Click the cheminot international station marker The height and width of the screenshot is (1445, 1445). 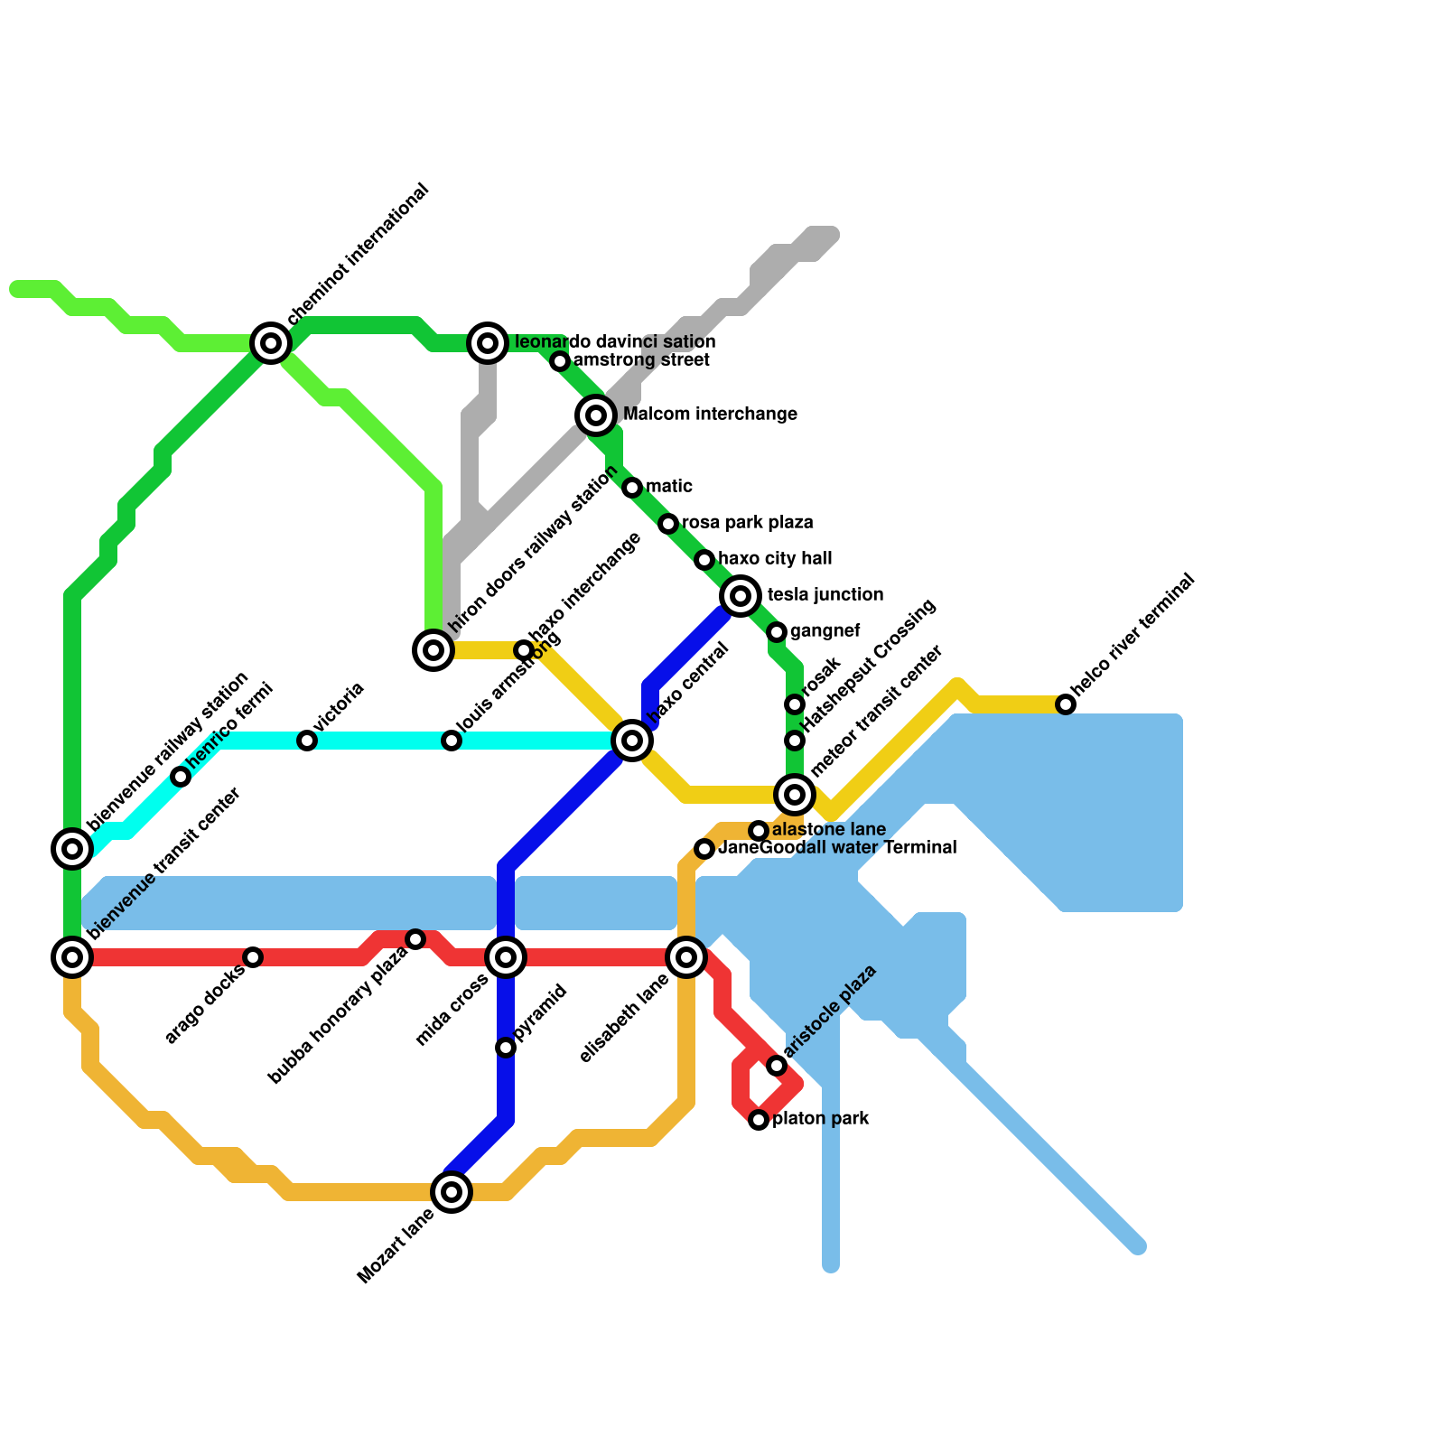click(x=271, y=343)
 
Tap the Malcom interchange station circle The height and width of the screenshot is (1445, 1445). click(x=596, y=415)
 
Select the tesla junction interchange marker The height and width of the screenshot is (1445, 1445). click(x=741, y=596)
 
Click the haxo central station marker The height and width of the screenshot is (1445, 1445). click(x=632, y=741)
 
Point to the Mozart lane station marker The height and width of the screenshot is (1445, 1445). click(x=452, y=1192)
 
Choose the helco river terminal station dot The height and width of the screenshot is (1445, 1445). click(x=1066, y=704)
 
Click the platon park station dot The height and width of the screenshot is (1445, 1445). click(x=759, y=1120)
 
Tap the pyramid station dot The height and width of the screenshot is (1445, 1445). click(x=506, y=1048)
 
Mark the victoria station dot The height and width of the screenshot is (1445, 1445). click(x=307, y=741)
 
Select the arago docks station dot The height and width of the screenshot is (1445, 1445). click(x=253, y=957)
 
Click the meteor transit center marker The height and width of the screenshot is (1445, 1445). click(x=795, y=795)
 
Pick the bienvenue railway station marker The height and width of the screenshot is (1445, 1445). click(x=72, y=849)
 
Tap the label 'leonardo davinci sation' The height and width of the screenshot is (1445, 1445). click(x=614, y=342)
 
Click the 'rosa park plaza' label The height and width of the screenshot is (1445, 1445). click(x=747, y=523)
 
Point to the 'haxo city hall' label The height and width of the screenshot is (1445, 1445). click(x=775, y=559)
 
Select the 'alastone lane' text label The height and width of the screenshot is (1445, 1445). click(x=829, y=830)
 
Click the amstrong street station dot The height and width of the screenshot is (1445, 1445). click(x=560, y=361)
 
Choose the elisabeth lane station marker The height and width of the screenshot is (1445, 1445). click(x=686, y=957)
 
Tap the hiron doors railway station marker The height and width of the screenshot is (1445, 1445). click(x=433, y=650)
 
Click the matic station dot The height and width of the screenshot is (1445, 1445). click(x=632, y=488)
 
